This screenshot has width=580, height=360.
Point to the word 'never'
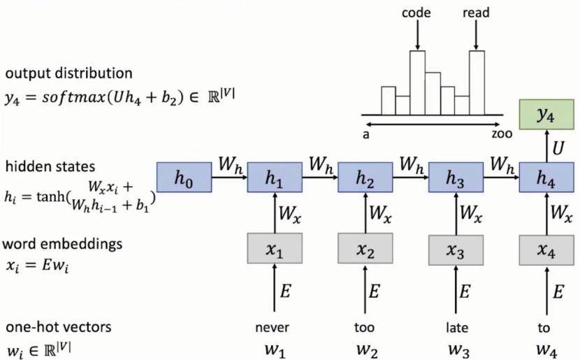(273, 327)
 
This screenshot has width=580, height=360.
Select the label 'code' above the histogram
(416, 13)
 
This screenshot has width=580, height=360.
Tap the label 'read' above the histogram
(476, 13)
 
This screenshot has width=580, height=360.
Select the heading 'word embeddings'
(63, 244)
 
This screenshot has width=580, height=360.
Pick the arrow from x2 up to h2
(364, 215)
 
